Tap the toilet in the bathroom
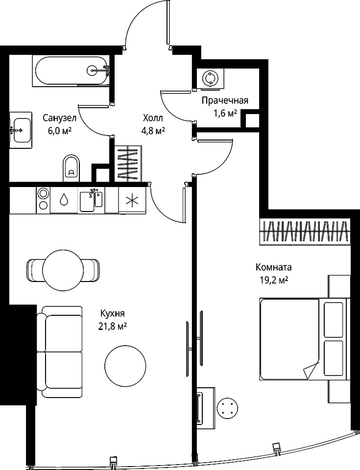pos(72,168)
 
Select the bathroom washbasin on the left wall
pos(21,130)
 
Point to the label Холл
pos(153,118)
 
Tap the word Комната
pos(273,267)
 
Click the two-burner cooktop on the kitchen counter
pos(43,200)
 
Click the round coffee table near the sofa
pos(126,366)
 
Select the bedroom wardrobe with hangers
pos(305,231)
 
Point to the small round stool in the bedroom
pos(228,408)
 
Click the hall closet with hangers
pos(128,164)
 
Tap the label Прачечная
pos(225,100)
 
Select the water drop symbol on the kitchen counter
pos(64,199)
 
